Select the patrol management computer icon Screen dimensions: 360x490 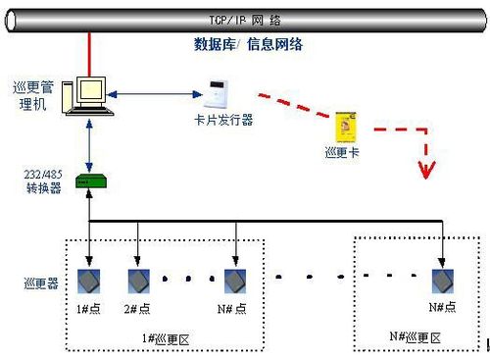point(85,96)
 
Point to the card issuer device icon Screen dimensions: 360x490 point(217,96)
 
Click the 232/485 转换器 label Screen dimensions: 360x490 point(43,180)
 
